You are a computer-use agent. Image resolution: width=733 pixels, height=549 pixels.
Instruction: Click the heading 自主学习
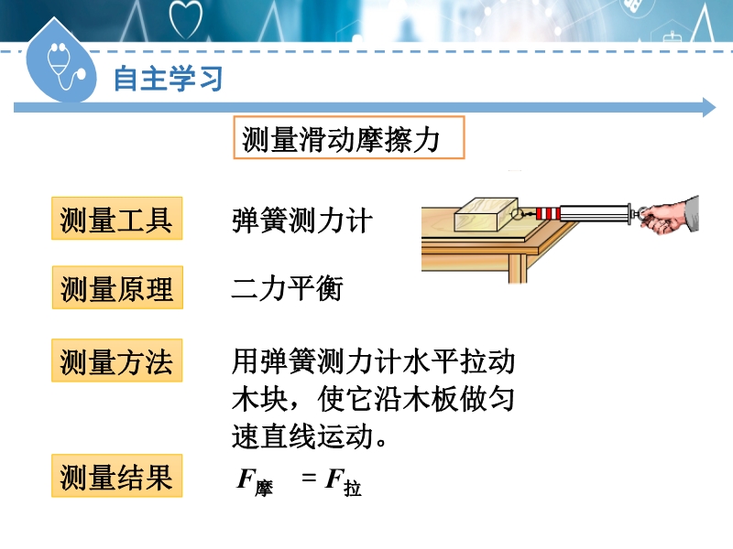[168, 79]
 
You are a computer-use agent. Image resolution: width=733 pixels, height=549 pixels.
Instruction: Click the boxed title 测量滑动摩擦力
[349, 138]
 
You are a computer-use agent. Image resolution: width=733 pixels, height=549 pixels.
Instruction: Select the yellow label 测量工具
[117, 219]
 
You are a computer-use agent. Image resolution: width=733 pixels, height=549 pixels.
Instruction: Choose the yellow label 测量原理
[117, 287]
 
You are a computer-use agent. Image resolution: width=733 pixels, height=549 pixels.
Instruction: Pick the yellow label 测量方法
[117, 361]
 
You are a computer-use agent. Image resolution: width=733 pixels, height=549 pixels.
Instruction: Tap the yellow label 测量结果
[117, 476]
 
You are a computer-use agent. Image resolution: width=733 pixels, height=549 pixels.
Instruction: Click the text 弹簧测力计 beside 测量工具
[302, 221]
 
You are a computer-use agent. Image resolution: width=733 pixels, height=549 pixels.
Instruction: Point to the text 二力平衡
[288, 287]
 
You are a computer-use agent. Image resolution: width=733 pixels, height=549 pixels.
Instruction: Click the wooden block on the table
[487, 214]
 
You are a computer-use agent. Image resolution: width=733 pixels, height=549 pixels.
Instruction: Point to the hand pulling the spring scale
[670, 216]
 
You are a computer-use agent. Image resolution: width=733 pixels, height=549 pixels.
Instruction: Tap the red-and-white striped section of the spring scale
[548, 214]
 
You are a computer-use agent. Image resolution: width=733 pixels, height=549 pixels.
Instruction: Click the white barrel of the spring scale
[594, 213]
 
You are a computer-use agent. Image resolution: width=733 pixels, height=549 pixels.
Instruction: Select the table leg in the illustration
[518, 268]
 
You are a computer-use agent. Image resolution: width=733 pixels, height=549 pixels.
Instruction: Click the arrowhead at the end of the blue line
[709, 107]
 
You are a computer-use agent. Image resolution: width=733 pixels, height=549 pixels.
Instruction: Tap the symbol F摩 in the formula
[255, 482]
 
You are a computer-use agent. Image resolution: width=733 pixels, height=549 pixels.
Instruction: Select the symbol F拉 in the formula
[343, 482]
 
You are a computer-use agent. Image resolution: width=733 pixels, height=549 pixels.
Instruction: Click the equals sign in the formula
[309, 477]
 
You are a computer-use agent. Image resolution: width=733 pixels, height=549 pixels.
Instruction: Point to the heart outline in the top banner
[186, 18]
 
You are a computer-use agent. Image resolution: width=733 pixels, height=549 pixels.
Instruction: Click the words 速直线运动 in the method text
[302, 436]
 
